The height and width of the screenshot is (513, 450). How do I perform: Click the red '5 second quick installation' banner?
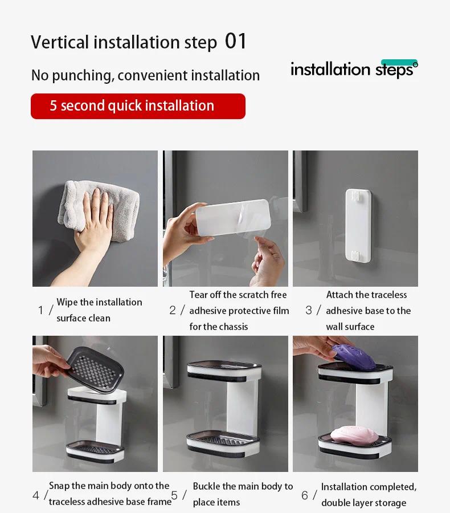pyautogui.click(x=138, y=106)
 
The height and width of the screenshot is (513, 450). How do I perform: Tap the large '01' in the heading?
pyautogui.click(x=235, y=42)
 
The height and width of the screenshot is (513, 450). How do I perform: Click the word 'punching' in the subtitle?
pyautogui.click(x=83, y=76)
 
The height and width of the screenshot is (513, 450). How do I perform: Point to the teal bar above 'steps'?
pyautogui.click(x=399, y=62)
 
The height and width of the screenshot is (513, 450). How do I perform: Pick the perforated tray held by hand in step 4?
pyautogui.click(x=94, y=369)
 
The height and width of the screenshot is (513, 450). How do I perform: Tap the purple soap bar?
pyautogui.click(x=354, y=357)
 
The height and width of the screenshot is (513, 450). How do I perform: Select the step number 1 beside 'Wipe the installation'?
pyautogui.click(x=40, y=310)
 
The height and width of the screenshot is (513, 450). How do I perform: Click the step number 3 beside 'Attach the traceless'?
pyautogui.click(x=309, y=310)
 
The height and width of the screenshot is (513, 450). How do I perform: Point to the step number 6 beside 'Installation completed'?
pyautogui.click(x=305, y=495)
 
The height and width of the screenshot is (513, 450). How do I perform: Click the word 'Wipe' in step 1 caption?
pyautogui.click(x=67, y=302)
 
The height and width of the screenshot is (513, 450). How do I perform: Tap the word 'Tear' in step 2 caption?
pyautogui.click(x=198, y=295)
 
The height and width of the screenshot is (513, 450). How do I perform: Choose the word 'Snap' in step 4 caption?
pyautogui.click(x=59, y=486)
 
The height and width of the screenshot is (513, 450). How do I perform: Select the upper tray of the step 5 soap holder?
pyautogui.click(x=224, y=370)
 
